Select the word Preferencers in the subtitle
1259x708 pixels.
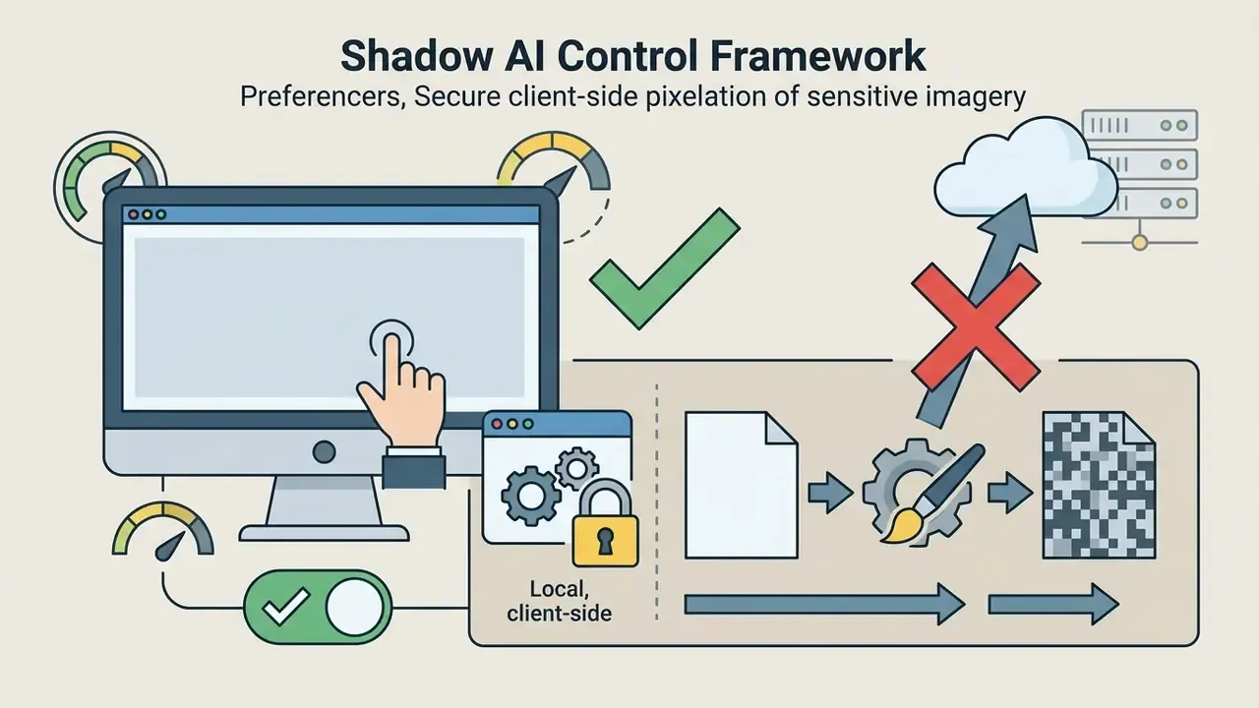pyautogui.click(x=323, y=96)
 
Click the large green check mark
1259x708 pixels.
pyautogui.click(x=664, y=268)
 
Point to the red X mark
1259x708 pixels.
pyautogui.click(x=975, y=327)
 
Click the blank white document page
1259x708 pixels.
pyautogui.click(x=741, y=485)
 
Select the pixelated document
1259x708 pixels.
pyautogui.click(x=1099, y=485)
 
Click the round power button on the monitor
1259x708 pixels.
pyautogui.click(x=324, y=451)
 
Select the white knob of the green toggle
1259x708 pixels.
pyautogui.click(x=354, y=608)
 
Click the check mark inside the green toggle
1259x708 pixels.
pyautogui.click(x=286, y=607)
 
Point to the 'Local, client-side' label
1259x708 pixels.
pyautogui.click(x=560, y=601)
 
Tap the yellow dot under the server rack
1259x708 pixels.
pyautogui.click(x=1140, y=243)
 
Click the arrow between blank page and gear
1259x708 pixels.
pyautogui.click(x=830, y=493)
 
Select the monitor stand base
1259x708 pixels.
pyautogui.click(x=325, y=533)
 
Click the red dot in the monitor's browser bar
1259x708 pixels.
pyautogui.click(x=133, y=214)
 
